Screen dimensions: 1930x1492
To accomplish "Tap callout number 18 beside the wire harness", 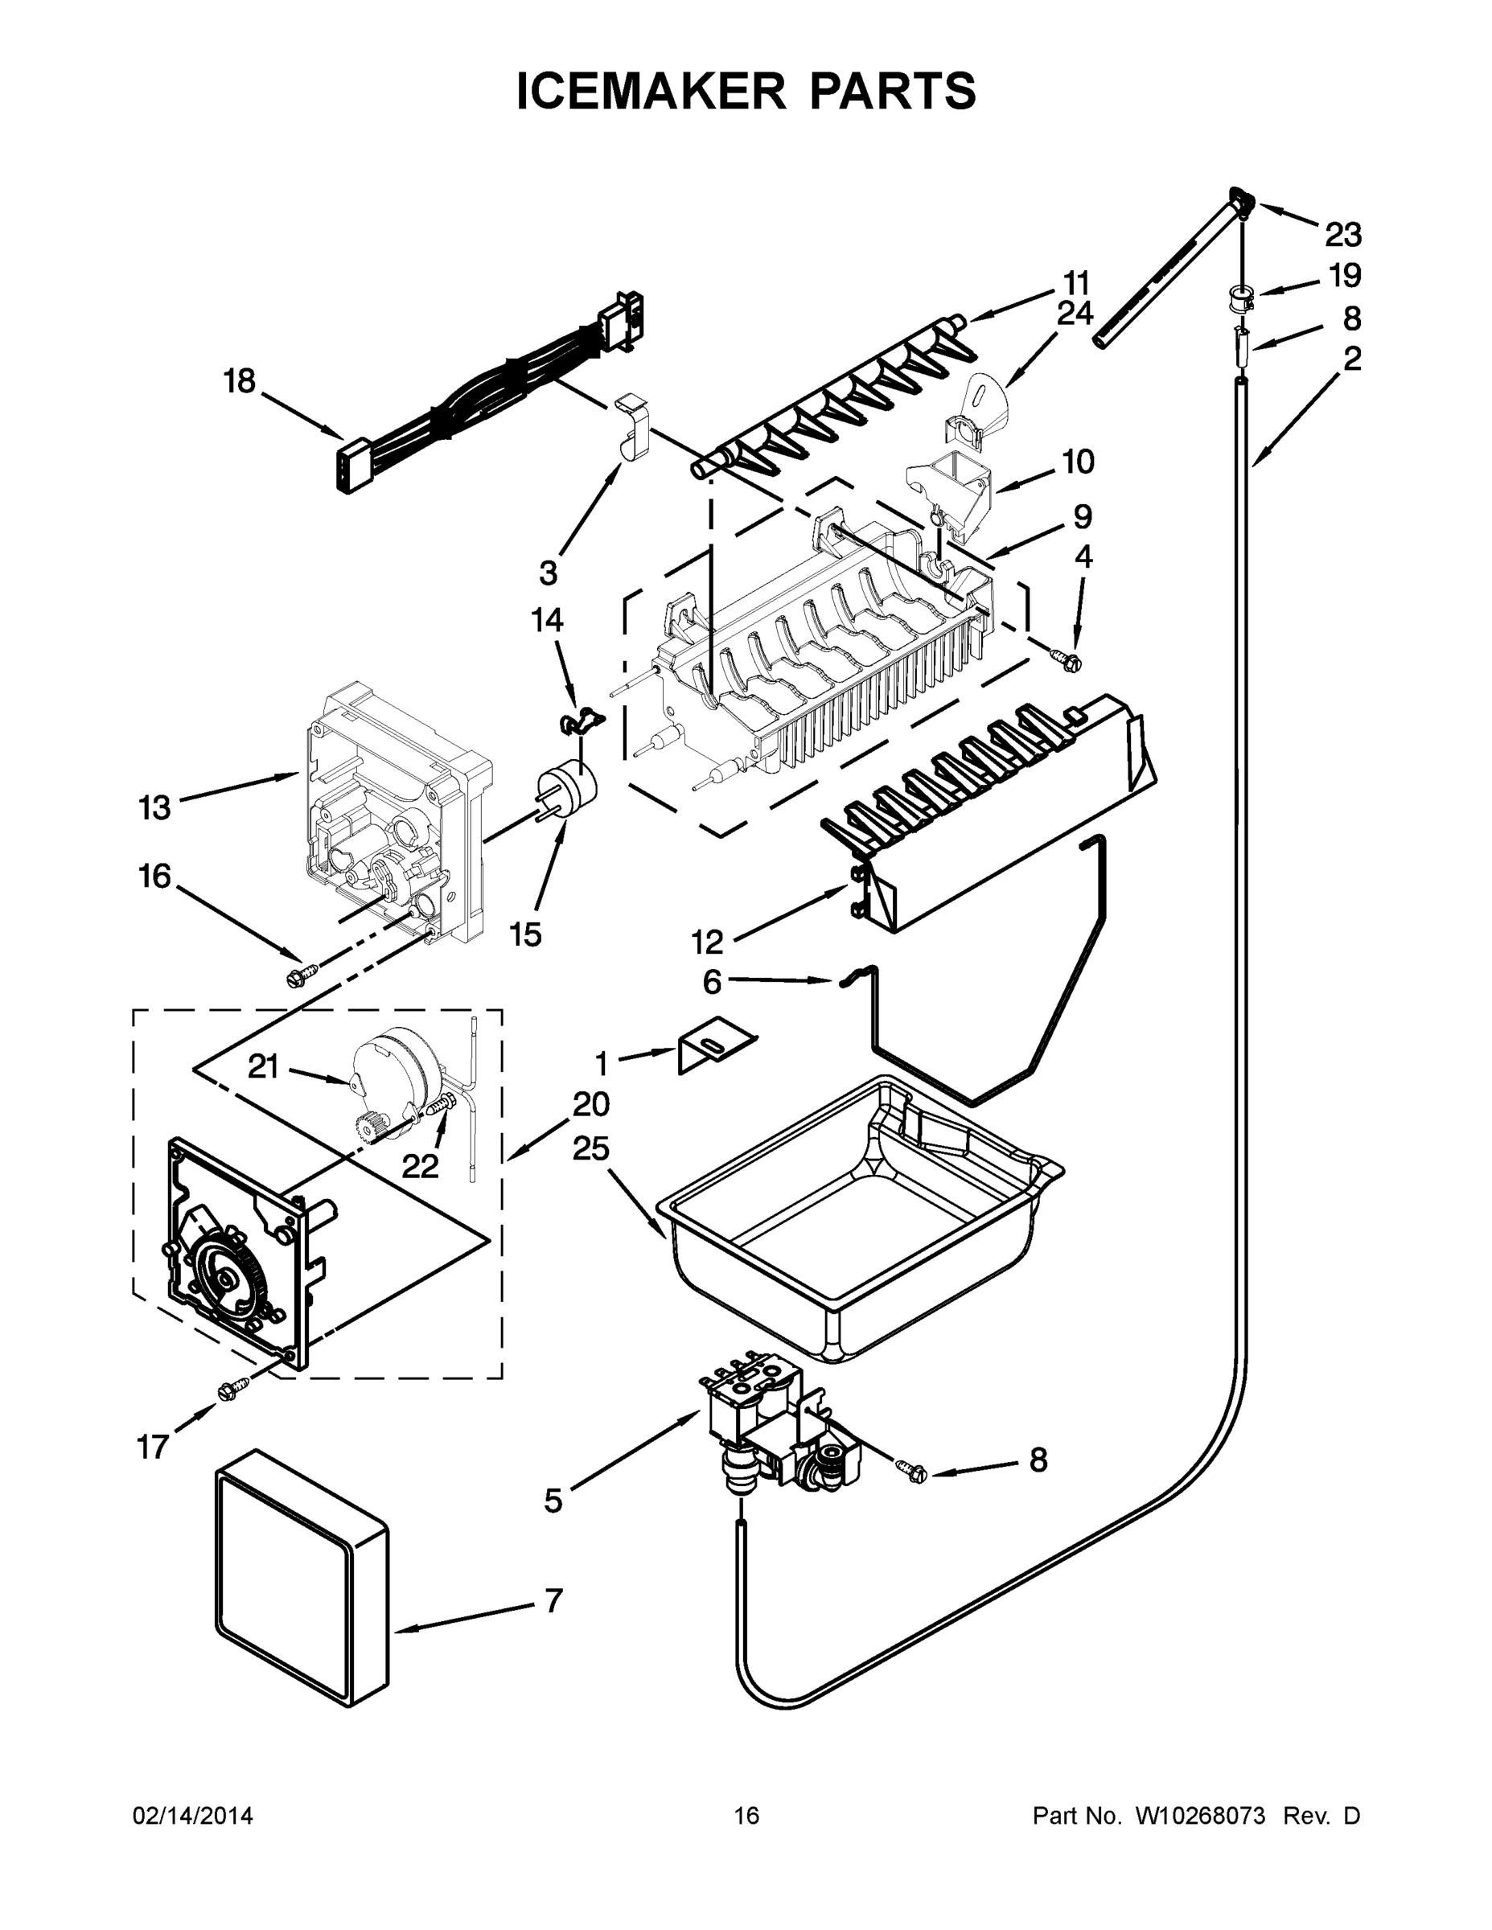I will coord(239,382).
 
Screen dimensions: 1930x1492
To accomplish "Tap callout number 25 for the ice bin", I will coord(591,1149).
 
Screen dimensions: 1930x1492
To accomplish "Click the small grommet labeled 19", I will coord(1243,298).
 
